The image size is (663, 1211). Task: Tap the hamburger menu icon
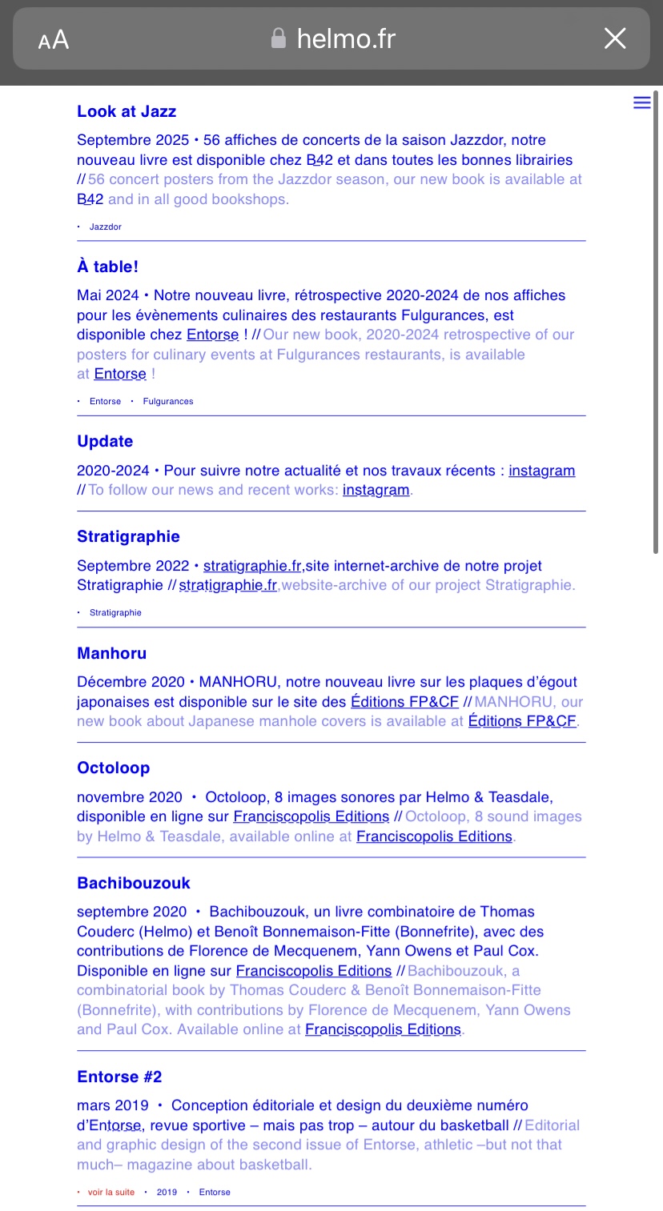coord(641,102)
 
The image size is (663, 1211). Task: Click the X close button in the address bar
coord(614,38)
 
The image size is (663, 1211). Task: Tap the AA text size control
coord(54,40)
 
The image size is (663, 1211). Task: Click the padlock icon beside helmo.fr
coord(279,38)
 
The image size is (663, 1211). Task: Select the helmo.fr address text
coord(346,38)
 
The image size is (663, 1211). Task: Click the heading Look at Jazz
coord(127,112)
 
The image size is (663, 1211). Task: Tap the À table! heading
coord(107,267)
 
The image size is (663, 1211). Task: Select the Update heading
coord(105,442)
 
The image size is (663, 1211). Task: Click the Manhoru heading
coord(111,654)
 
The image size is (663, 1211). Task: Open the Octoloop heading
coord(113,768)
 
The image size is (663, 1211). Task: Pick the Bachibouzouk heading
coord(134,884)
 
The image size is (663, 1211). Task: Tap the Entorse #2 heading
coord(119,1077)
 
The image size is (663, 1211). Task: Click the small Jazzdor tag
coord(106,227)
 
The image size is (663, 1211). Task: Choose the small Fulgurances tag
coord(168,402)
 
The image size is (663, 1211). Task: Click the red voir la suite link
coord(111,1193)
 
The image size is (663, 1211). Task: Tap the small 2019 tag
coord(167,1193)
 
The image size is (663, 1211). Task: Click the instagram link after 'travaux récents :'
coord(541,471)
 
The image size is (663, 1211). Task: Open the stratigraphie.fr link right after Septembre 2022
coord(252,566)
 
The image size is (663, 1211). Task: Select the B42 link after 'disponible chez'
coord(319,160)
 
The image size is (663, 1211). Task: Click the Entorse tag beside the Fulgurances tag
coord(106,402)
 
